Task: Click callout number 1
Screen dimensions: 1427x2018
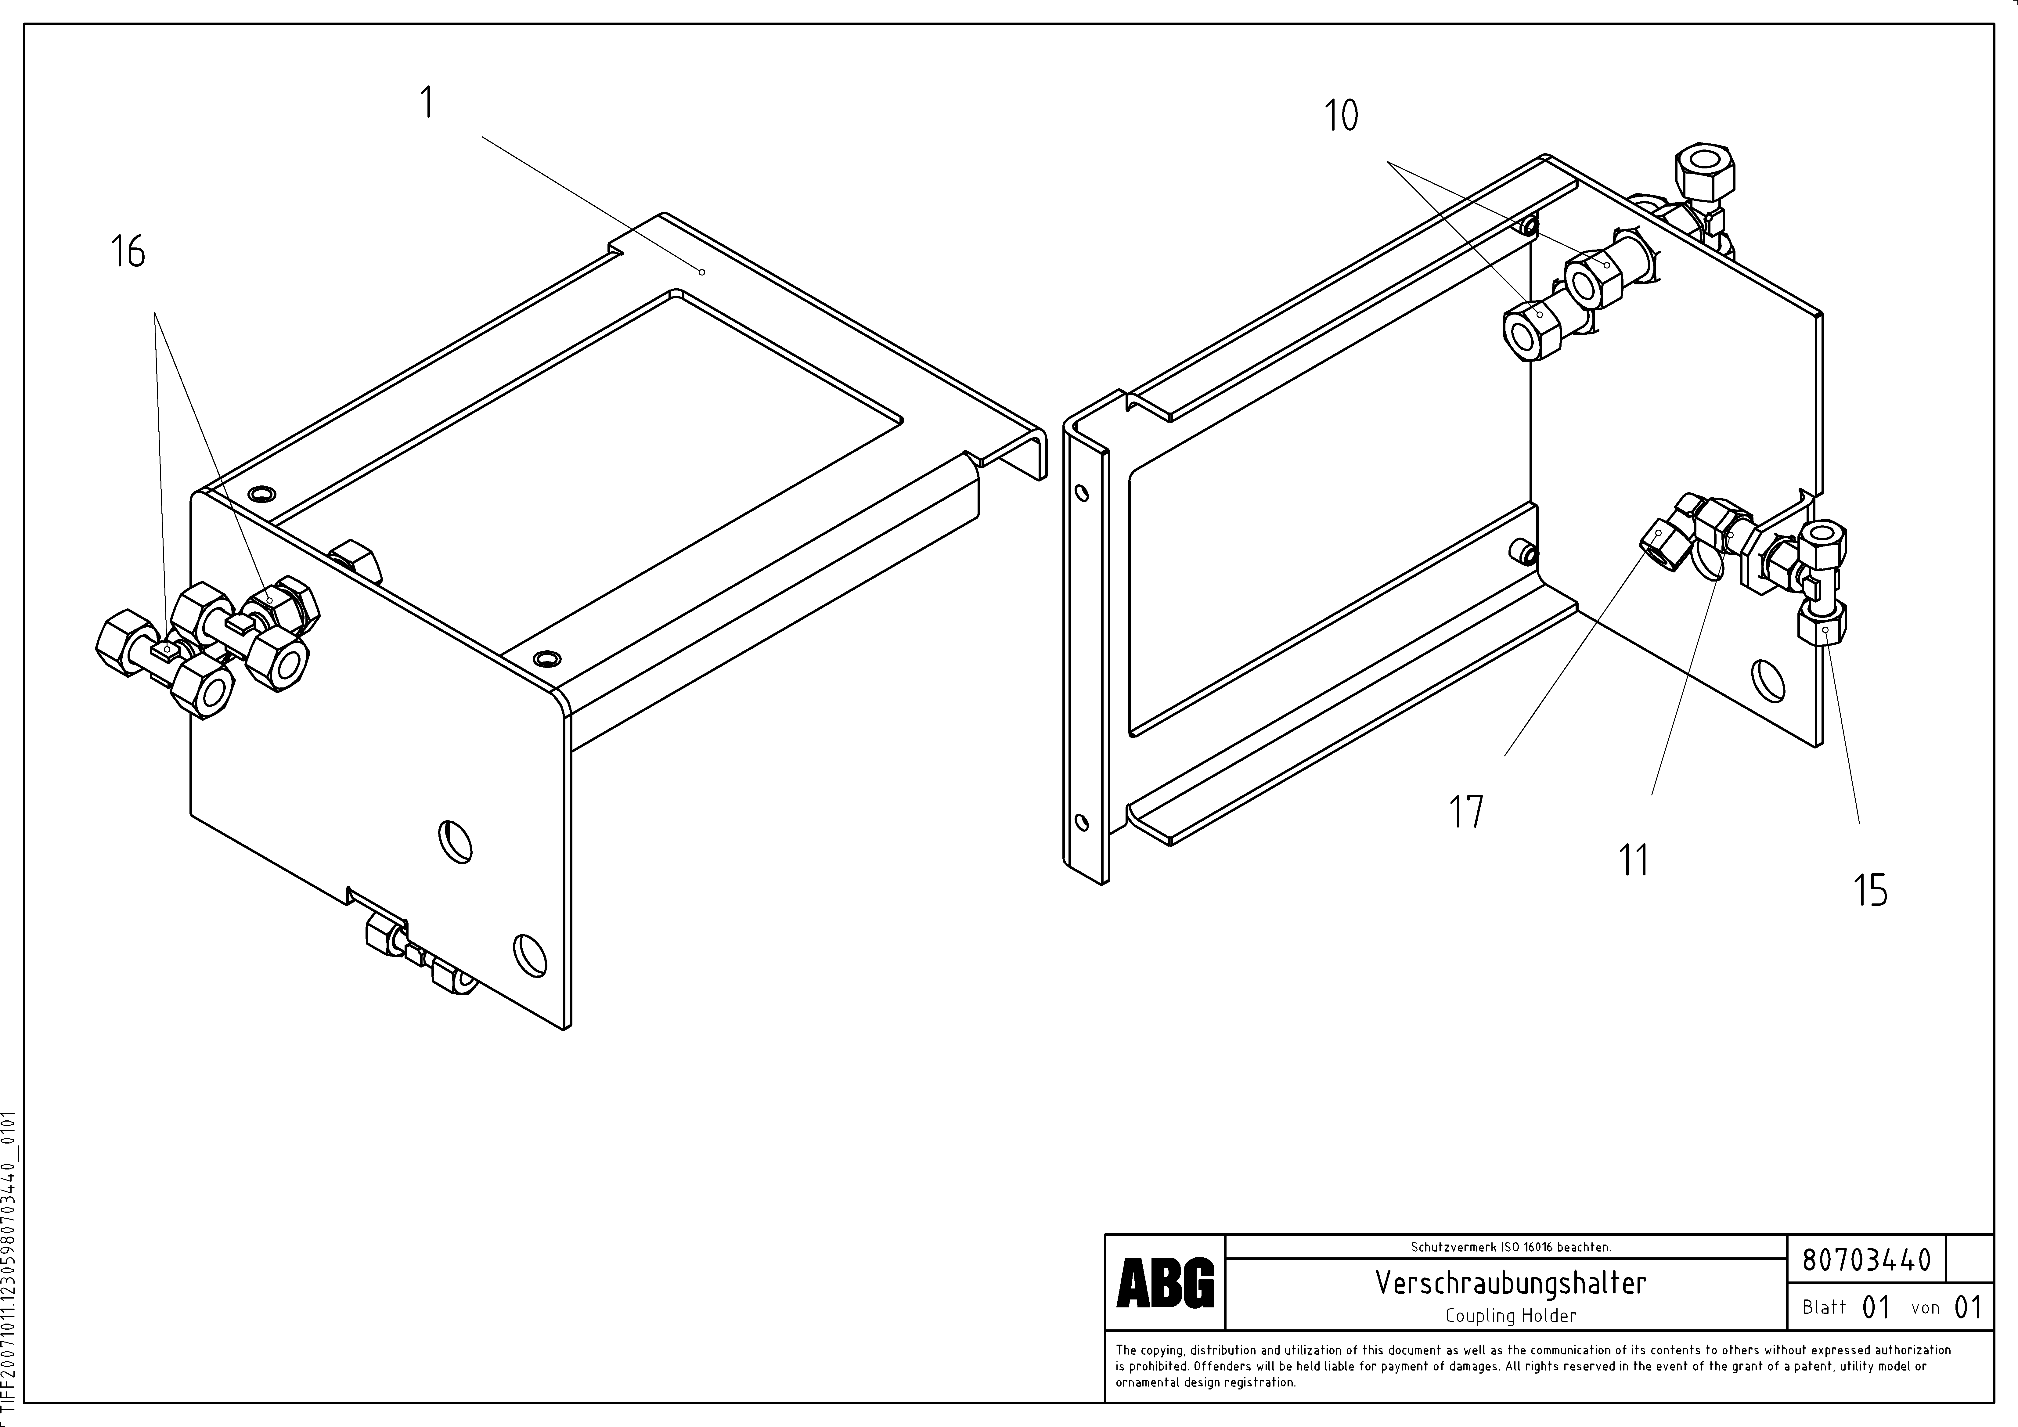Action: coord(427,104)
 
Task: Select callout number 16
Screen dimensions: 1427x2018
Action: coord(128,252)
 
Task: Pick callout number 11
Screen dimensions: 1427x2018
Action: coord(1634,860)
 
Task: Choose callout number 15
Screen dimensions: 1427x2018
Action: coord(1870,890)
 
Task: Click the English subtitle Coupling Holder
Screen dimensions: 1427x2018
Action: coord(1510,1315)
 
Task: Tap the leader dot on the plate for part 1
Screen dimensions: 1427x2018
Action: coord(701,272)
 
